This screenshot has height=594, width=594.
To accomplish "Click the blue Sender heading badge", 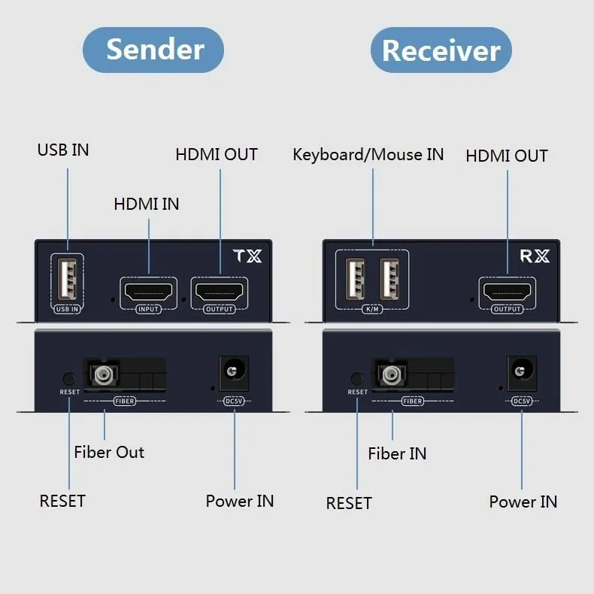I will (153, 50).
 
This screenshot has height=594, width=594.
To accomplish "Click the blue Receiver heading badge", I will (441, 50).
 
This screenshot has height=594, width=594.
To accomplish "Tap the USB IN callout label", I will (63, 150).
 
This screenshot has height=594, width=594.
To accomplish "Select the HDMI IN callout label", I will (147, 204).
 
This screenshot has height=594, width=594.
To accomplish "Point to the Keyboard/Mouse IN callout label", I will (368, 155).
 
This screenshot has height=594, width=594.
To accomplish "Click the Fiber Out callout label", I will (109, 452).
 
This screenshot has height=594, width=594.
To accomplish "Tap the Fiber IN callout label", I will (397, 453).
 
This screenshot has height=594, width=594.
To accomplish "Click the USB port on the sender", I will (67, 279).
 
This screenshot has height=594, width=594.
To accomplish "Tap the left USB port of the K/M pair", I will (355, 280).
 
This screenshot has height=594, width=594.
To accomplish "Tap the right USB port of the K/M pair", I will (389, 280).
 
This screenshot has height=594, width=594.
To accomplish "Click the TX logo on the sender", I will (247, 256).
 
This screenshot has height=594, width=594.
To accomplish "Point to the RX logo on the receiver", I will (535, 256).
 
